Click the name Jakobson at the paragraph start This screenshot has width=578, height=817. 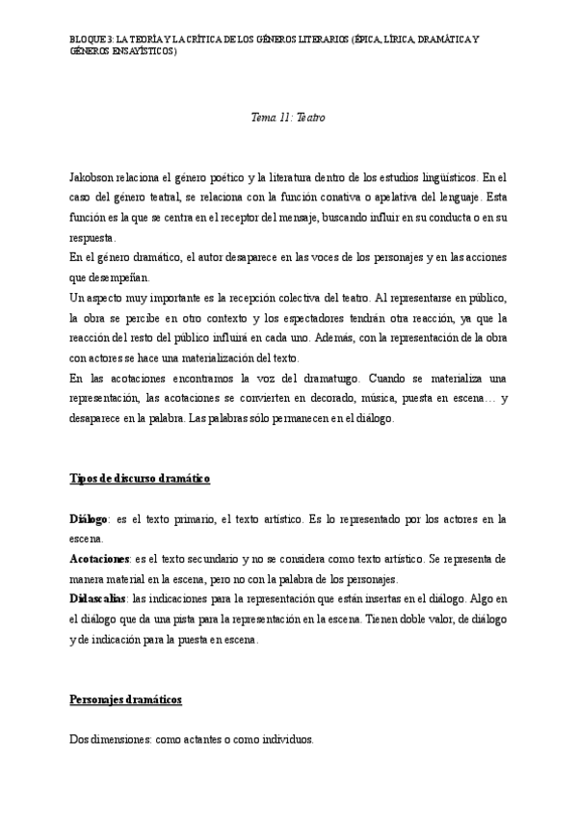pyautogui.click(x=94, y=178)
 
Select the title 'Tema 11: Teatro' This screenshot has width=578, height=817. pyautogui.click(x=288, y=118)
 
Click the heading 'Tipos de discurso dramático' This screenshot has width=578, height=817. pyautogui.click(x=141, y=479)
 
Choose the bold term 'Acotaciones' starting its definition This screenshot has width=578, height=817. pyautogui.click(x=100, y=559)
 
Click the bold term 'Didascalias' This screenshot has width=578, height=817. pyautogui.click(x=97, y=598)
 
